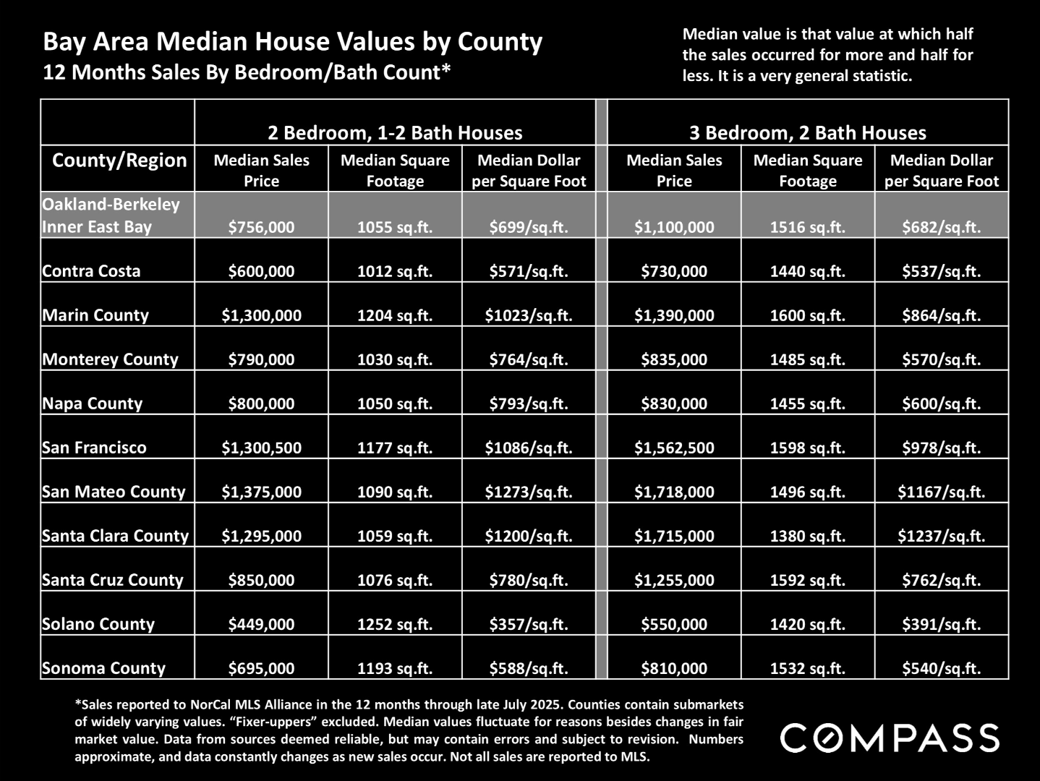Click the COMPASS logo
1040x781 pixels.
(890, 738)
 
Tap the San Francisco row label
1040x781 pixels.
(94, 448)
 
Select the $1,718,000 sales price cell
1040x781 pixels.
(674, 492)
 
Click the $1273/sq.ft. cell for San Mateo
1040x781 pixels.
(529, 492)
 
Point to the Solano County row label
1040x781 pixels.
(98, 624)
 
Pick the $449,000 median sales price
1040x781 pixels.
(261, 624)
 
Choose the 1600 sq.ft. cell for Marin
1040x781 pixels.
(808, 315)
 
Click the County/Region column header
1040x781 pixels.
(119, 161)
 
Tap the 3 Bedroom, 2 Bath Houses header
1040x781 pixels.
(808, 132)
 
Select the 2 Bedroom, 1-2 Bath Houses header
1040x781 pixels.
(395, 132)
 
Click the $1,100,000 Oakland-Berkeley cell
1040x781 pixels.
(674, 227)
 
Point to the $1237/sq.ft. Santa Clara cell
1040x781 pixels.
(942, 536)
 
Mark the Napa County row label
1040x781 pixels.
(93, 404)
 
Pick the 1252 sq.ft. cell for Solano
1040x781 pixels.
(395, 624)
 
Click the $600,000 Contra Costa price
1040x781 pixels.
(261, 271)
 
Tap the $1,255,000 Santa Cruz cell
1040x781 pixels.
(674, 580)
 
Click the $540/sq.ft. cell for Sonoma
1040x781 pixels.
(942, 668)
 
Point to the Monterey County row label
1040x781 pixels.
(110, 359)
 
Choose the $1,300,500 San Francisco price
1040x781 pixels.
(261, 448)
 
